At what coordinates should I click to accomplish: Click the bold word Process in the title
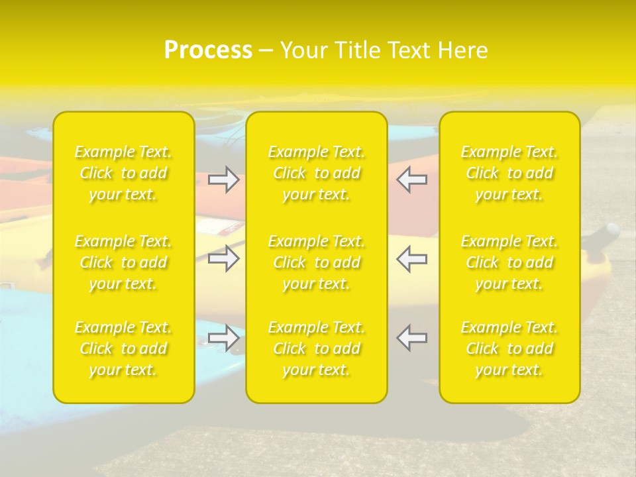[208, 50]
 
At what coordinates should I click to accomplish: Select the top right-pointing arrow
[224, 180]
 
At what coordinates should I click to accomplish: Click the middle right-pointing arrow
[224, 258]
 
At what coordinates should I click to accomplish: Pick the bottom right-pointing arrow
[224, 337]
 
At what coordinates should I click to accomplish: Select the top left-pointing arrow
[411, 180]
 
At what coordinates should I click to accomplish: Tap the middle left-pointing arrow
[411, 258]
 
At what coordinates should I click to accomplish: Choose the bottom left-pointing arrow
[411, 337]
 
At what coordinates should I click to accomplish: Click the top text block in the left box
[123, 173]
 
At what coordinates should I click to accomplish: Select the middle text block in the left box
[123, 262]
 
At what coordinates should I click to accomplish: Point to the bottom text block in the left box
[123, 348]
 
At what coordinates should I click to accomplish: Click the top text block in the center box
[317, 173]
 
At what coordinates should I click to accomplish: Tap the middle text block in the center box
[317, 262]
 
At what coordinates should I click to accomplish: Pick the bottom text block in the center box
[317, 348]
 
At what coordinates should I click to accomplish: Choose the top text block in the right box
[509, 173]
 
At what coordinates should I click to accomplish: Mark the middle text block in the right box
[509, 262]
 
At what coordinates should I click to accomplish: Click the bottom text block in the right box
[509, 348]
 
